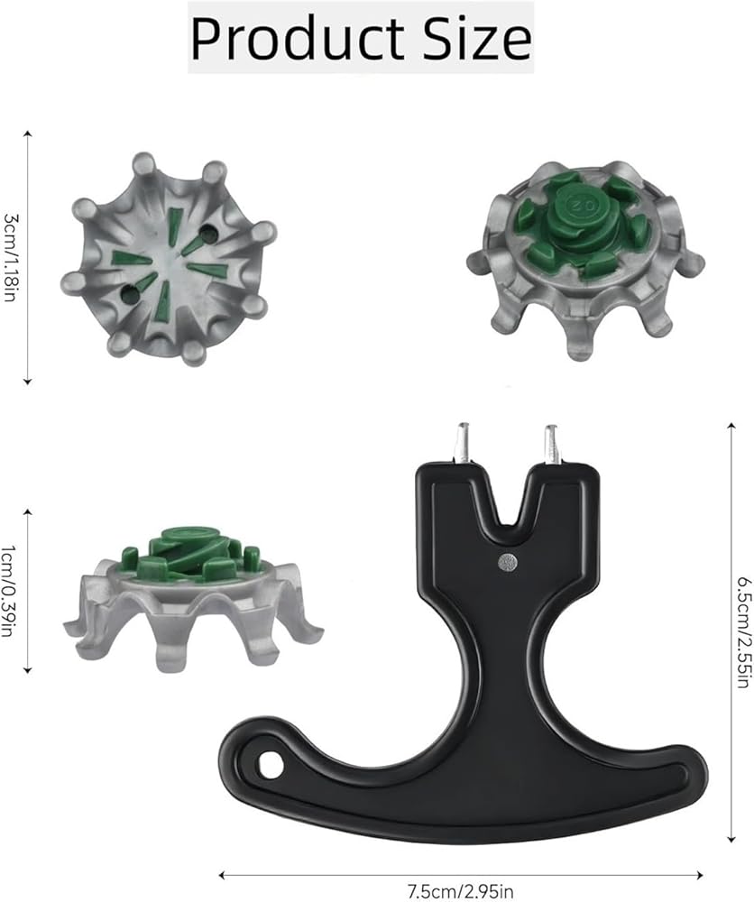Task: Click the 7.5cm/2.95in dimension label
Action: coord(460,892)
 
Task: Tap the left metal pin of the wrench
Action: coord(462,443)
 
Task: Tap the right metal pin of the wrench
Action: coord(552,444)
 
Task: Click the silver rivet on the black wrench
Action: coord(508,562)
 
